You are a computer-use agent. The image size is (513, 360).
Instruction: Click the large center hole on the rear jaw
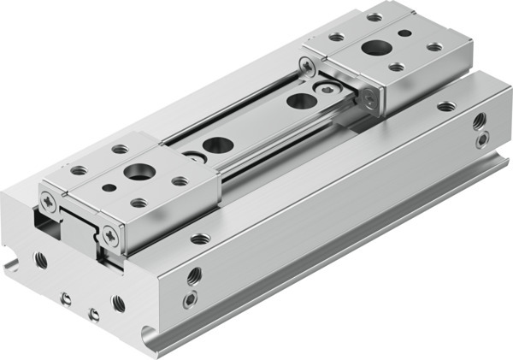[373, 48]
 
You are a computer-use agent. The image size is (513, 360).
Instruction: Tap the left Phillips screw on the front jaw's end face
[48, 200]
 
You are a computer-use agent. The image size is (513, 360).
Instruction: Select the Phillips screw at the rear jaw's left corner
[306, 64]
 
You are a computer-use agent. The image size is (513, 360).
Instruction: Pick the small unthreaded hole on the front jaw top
[109, 187]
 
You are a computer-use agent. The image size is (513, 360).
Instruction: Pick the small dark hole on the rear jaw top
[404, 34]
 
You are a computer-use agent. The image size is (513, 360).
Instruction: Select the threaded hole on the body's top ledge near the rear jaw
[445, 107]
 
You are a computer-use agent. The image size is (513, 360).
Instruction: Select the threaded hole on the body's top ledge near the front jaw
[199, 239]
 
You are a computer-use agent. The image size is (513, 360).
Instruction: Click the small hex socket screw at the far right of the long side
[483, 138]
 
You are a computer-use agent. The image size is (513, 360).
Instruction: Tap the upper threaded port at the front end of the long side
[194, 276]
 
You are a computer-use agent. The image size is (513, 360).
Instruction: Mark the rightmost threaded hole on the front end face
[118, 303]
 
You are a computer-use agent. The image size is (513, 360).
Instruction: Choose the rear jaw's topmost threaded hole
[374, 17]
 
